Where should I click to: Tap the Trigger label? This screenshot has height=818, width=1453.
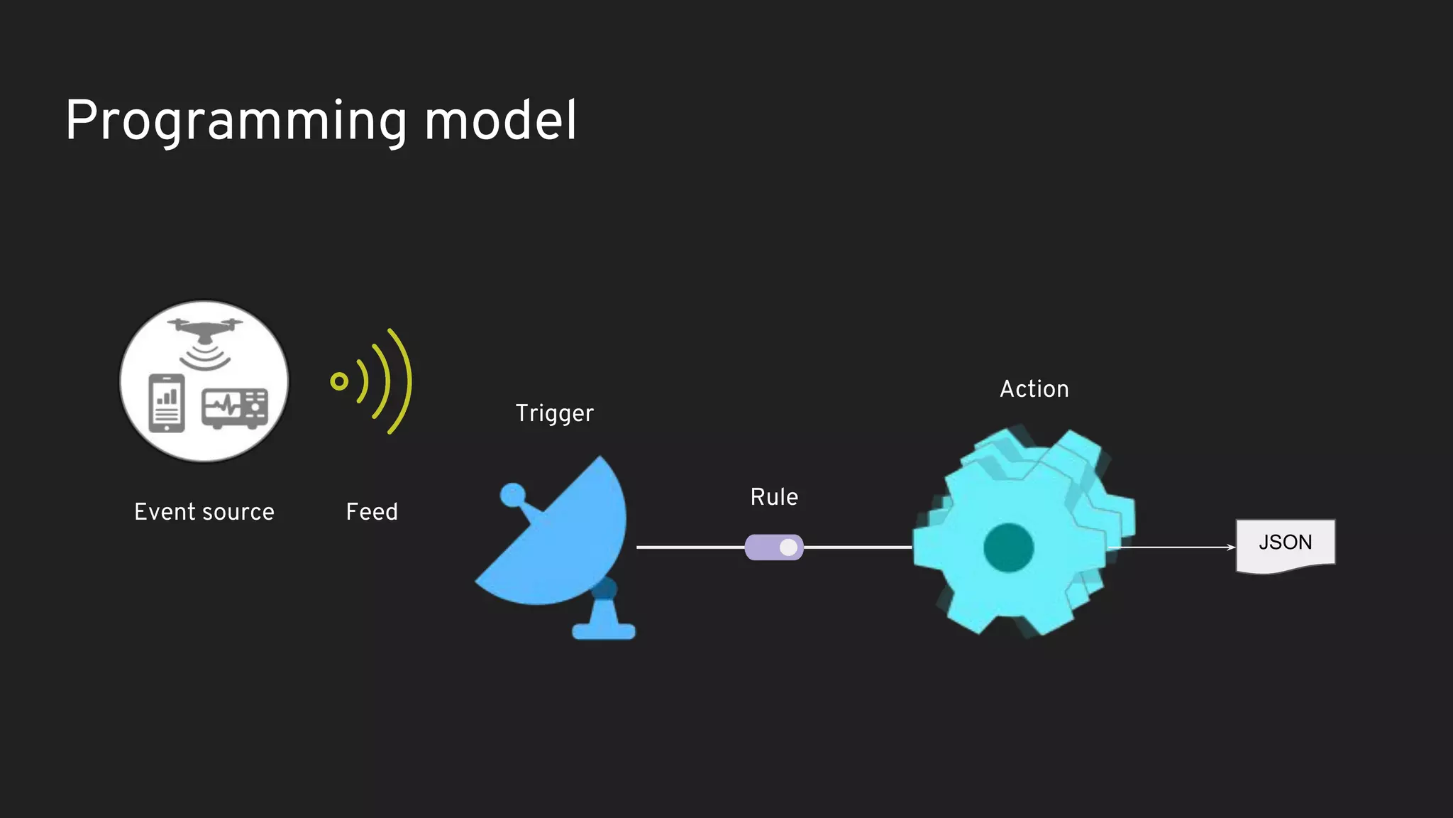[554, 413]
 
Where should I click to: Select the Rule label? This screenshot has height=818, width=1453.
[774, 497]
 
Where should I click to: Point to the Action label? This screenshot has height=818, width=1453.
[1034, 389]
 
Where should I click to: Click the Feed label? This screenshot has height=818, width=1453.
[372, 512]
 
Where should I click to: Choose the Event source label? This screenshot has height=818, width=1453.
[204, 512]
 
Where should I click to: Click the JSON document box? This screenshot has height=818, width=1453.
[1285, 543]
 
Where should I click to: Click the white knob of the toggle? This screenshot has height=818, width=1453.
[788, 547]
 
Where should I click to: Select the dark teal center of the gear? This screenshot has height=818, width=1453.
[1008, 547]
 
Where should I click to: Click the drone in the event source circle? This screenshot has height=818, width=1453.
[205, 329]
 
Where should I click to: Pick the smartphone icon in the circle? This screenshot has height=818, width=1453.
[167, 403]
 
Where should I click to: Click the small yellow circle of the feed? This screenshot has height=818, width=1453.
[339, 381]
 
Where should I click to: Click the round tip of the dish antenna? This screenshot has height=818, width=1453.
[512, 495]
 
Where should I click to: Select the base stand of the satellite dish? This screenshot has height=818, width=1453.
[604, 628]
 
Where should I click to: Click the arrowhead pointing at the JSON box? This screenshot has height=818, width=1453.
[1231, 547]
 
